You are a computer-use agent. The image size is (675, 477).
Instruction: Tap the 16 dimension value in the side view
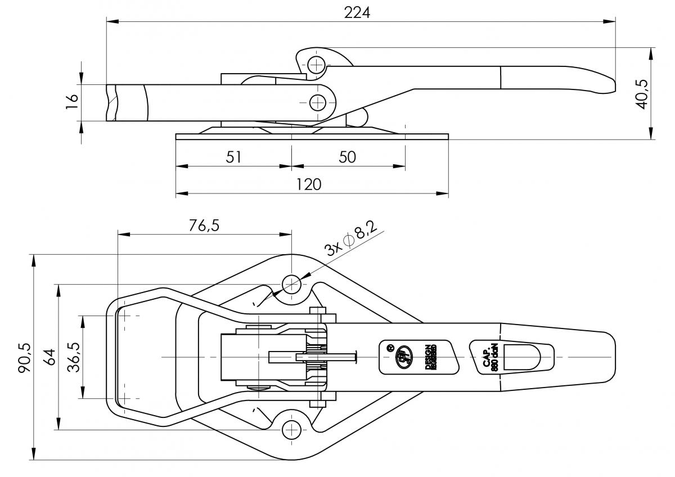(72, 102)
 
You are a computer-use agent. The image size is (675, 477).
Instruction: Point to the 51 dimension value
(233, 157)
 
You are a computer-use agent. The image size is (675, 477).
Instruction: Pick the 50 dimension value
(348, 157)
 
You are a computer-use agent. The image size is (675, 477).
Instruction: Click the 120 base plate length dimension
(309, 184)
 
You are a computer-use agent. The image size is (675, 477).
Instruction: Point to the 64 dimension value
(49, 357)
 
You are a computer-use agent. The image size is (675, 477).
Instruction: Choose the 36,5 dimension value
(73, 357)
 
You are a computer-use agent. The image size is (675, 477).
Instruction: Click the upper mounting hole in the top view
(291, 283)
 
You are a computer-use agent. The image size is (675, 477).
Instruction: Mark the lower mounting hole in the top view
(291, 430)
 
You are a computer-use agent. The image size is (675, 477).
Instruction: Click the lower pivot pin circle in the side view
(318, 102)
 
